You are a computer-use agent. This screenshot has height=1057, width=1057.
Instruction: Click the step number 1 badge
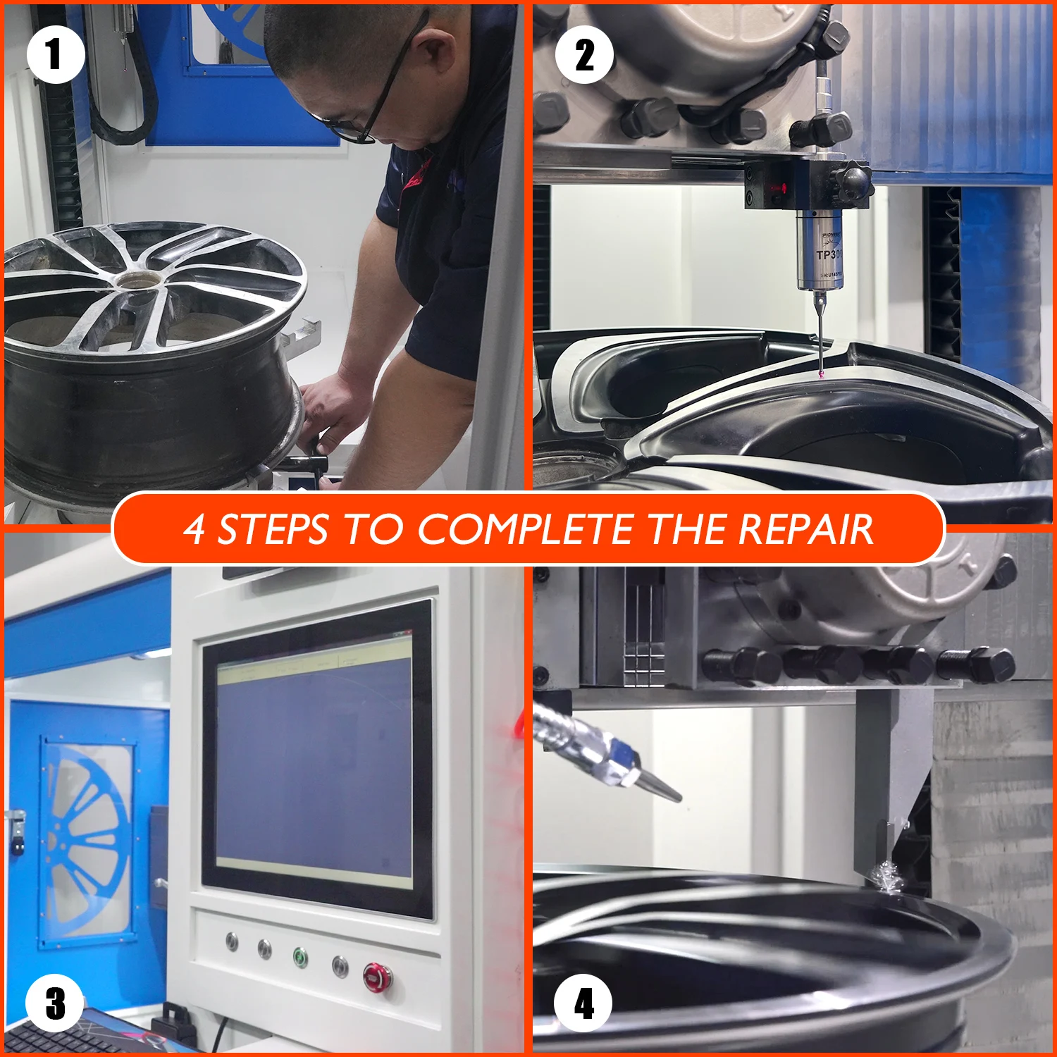tap(56, 54)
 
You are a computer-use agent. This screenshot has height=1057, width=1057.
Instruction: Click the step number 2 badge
tap(584, 54)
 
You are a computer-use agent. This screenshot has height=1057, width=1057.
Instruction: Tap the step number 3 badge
tap(55, 1003)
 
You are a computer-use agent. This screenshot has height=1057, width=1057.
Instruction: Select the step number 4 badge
tap(583, 1003)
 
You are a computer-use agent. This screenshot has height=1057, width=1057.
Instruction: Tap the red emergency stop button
tap(376, 977)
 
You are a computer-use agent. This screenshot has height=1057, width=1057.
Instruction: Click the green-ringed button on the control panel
tap(301, 958)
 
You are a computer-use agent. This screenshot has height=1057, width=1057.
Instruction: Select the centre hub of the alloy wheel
tap(137, 280)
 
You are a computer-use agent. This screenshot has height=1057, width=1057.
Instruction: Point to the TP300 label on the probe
tap(829, 254)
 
